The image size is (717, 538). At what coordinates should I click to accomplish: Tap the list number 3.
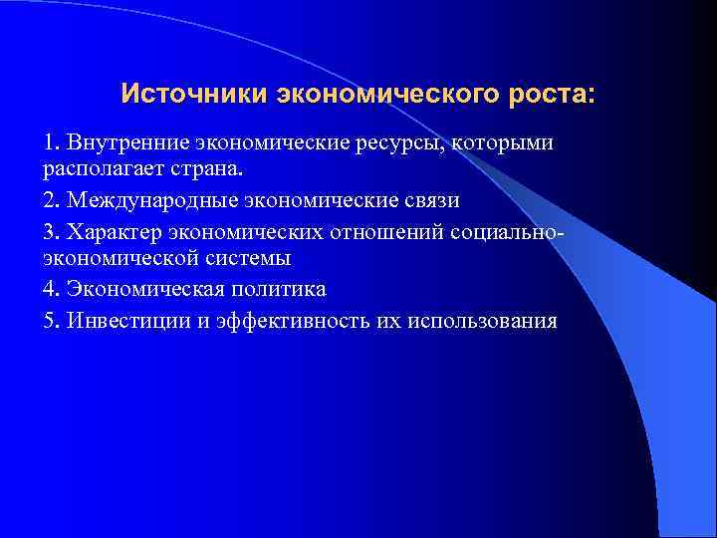49,231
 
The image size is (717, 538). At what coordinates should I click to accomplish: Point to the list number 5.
49,321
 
